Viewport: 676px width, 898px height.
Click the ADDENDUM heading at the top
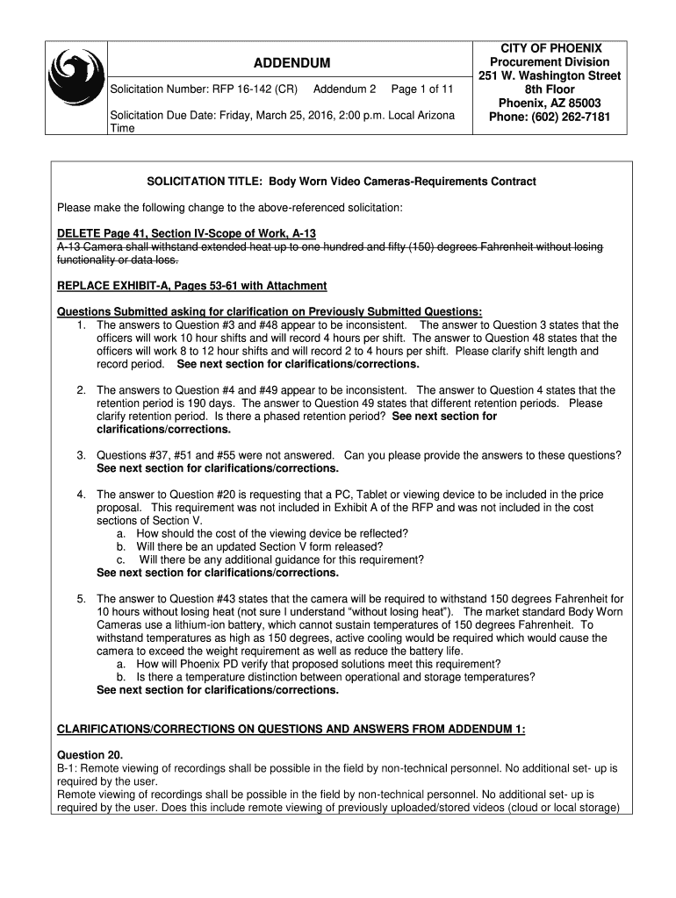coord(292,63)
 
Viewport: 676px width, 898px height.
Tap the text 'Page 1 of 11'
coord(422,89)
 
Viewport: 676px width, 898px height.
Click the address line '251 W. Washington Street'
coord(550,76)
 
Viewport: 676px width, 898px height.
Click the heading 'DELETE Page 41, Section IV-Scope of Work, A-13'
coord(186,233)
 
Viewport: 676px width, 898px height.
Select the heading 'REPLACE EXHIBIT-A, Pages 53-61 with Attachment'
coord(191,286)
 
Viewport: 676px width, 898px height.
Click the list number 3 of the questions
coord(81,455)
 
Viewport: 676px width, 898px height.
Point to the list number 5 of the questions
coord(81,599)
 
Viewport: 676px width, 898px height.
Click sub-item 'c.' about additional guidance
coord(120,559)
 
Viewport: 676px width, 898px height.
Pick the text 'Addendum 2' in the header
coord(345,89)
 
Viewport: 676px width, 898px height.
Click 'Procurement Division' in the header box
coord(550,62)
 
